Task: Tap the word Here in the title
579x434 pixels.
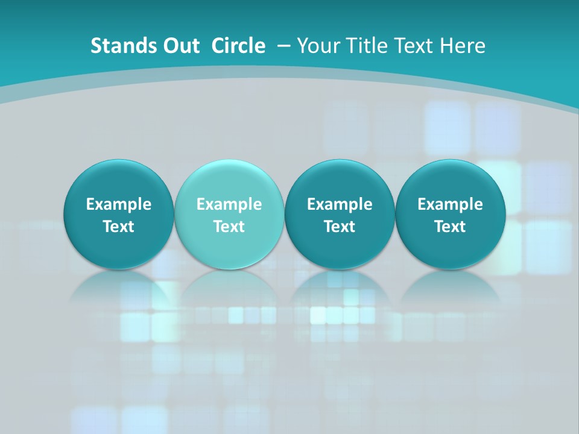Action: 463,46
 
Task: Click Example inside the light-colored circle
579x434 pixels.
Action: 229,204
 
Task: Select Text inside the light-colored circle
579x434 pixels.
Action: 229,227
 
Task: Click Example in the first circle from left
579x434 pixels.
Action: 119,204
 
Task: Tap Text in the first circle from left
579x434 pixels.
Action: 119,227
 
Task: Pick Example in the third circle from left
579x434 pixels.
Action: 340,204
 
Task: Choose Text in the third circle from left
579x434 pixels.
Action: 340,227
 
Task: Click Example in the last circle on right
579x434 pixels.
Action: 450,204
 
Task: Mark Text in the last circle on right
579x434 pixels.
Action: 450,227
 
